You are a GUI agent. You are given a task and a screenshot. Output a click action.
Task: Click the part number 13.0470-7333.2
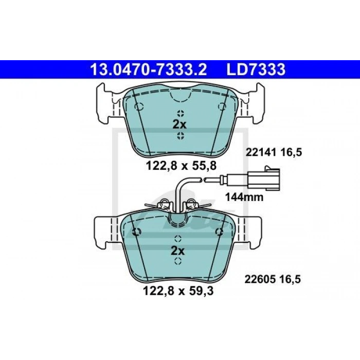tap(149, 69)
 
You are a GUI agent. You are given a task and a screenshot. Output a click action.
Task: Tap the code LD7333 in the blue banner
tap(256, 69)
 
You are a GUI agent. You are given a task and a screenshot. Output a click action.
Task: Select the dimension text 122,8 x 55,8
tap(181, 166)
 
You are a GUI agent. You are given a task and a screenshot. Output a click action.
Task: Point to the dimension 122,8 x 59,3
tap(178, 291)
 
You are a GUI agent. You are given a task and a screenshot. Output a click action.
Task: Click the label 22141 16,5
tap(274, 152)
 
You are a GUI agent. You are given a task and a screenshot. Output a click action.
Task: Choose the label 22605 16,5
tap(273, 279)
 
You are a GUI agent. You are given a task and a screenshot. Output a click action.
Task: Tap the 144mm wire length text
tap(244, 197)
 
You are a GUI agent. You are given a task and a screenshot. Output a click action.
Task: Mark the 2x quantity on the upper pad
tap(179, 124)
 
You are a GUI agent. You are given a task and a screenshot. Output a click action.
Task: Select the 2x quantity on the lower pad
tap(177, 251)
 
